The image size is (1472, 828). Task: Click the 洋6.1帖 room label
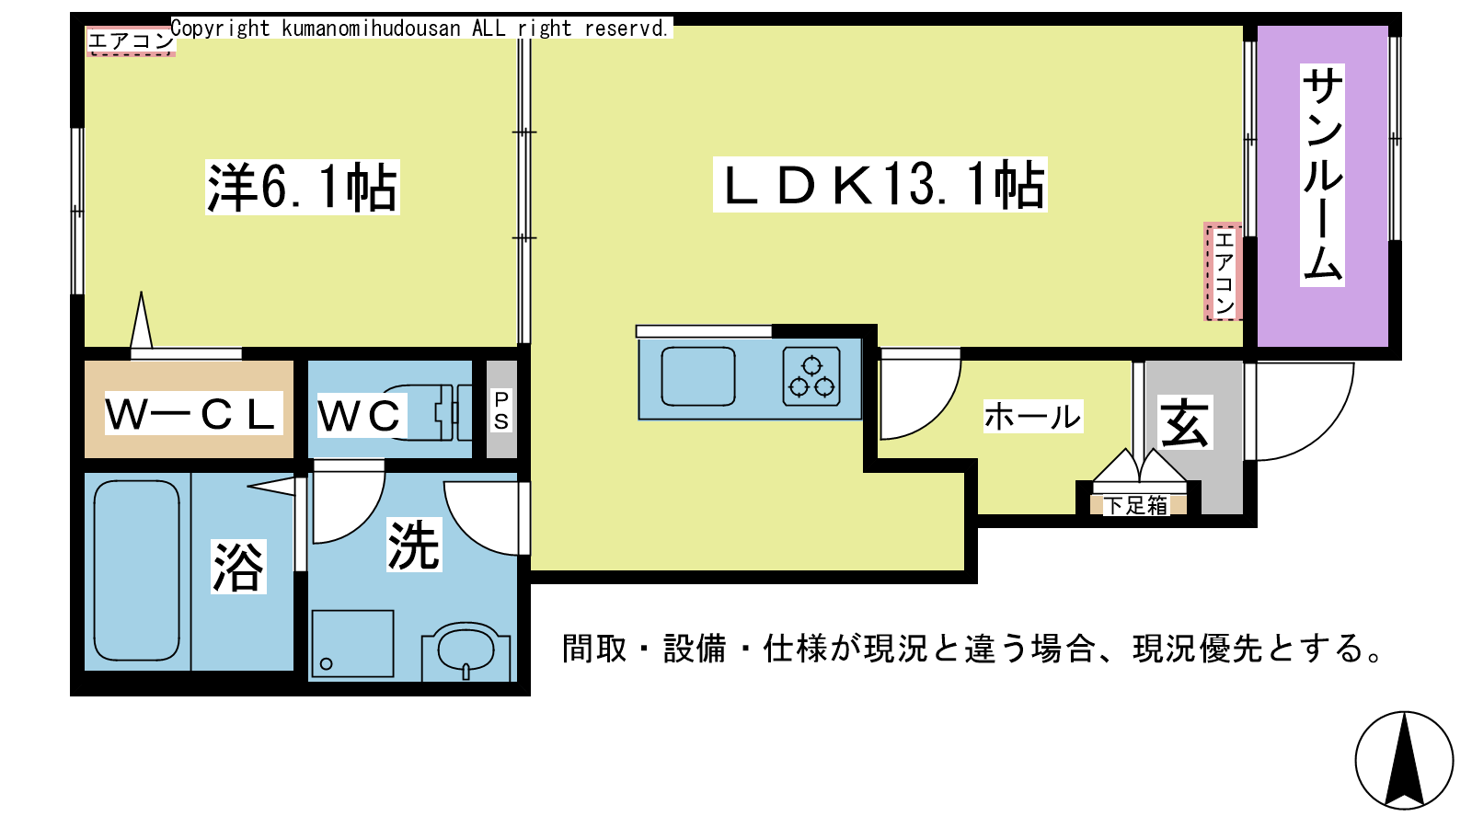tap(303, 188)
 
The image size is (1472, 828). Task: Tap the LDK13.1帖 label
tap(880, 185)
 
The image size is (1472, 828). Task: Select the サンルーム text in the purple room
tap(1321, 175)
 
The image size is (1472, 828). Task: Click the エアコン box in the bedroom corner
tap(131, 41)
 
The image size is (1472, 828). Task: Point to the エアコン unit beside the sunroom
tap(1223, 271)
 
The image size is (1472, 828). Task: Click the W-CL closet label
tap(193, 413)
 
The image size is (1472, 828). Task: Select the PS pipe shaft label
tap(501, 410)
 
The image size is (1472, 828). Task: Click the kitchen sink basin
tap(698, 376)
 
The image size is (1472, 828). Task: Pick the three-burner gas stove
tap(811, 376)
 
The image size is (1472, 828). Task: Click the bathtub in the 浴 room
tap(137, 570)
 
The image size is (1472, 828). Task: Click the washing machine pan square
tap(353, 644)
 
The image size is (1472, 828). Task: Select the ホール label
tap(1032, 417)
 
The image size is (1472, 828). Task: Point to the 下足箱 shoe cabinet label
tap(1135, 505)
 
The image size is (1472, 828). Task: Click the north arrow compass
tap(1404, 760)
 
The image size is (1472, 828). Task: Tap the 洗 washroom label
tap(413, 545)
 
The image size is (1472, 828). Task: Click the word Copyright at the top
tap(220, 29)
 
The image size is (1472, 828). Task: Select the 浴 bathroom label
tap(238, 567)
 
